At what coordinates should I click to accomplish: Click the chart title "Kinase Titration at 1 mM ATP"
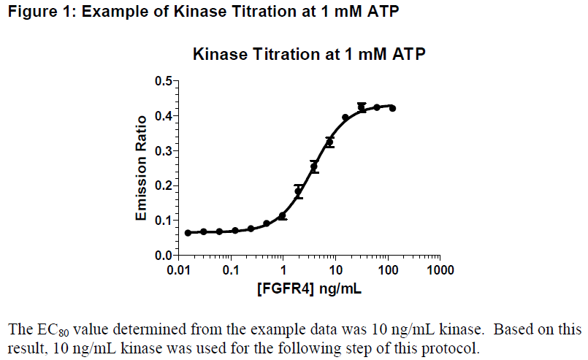[309, 55]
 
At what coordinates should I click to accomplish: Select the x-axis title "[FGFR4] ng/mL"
[309, 289]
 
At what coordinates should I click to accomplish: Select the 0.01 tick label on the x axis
[180, 270]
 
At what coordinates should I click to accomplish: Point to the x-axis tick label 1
[284, 270]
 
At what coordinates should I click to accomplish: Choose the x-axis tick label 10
[336, 270]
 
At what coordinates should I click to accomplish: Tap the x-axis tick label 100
[388, 270]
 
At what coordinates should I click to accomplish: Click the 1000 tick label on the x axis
[440, 270]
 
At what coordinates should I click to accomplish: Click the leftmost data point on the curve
[188, 233]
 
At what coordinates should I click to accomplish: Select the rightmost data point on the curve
[392, 108]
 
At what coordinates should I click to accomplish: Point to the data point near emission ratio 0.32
[330, 142]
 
